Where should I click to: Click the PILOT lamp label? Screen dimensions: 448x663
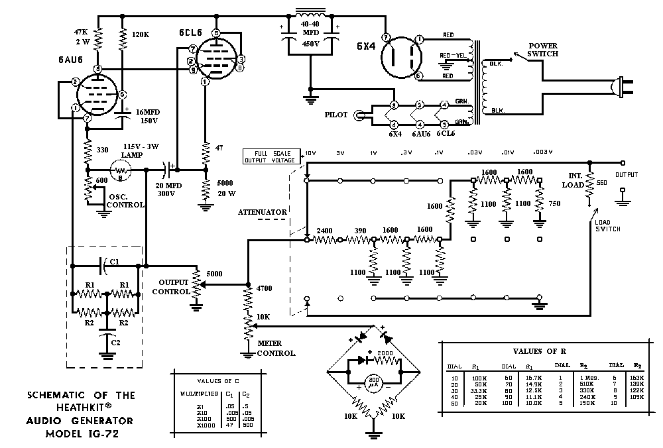coord(336,115)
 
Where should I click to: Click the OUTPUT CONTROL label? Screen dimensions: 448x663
coord(171,287)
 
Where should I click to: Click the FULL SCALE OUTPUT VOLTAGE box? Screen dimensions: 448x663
coord(272,156)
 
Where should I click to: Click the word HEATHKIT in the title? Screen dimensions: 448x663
coord(81,408)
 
